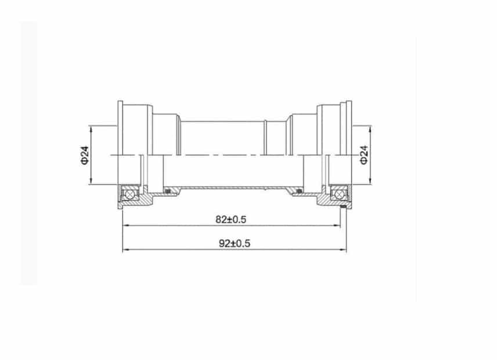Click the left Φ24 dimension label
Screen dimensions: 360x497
coord(84,154)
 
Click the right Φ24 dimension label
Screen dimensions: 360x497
coord(364,154)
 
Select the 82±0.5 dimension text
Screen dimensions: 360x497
coord(231,219)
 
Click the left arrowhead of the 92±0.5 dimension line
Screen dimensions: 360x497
coord(125,250)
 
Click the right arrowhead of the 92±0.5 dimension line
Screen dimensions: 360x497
coord(343,250)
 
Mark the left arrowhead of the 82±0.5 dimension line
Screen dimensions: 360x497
coord(125,225)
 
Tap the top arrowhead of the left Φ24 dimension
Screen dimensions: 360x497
coord(92,128)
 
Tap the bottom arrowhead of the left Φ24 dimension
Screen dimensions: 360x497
coord(92,181)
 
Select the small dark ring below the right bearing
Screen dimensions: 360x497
coord(343,206)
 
